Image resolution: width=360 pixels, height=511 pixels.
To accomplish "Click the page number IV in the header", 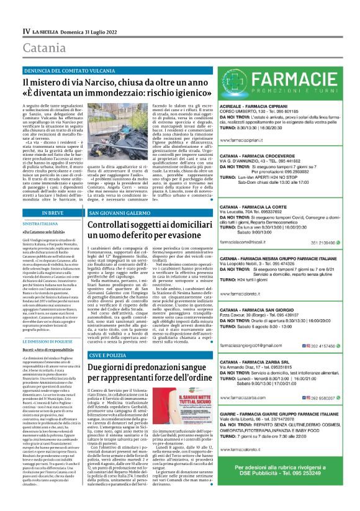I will click(x=27, y=30).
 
